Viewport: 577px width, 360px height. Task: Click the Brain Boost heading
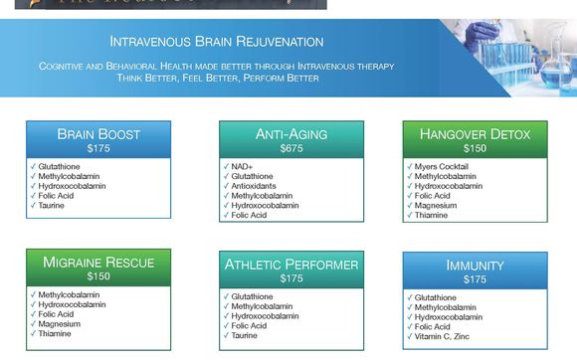98,134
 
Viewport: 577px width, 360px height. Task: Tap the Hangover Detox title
475,134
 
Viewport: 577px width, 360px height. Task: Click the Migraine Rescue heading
98,263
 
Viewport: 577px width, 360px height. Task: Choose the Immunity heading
475,267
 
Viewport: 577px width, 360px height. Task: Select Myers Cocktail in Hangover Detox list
441,166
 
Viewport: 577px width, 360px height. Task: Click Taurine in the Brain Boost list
52,205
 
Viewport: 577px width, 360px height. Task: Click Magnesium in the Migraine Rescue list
59,323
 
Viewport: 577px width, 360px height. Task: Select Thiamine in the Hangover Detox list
431,215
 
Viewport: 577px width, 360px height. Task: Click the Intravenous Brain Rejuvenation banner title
216,42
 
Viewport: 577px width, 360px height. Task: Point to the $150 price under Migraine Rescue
98,276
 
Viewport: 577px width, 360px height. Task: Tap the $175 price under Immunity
475,280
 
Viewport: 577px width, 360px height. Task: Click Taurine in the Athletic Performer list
245,335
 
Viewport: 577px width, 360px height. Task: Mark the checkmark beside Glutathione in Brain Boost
33,166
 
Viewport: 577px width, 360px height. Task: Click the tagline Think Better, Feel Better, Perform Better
217,77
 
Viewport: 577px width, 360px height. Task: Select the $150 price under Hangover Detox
475,148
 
